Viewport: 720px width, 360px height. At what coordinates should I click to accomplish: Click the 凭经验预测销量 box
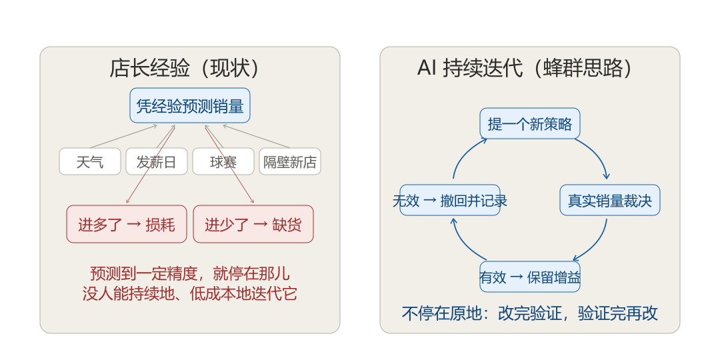(x=189, y=105)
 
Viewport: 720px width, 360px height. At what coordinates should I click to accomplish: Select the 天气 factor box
(x=90, y=161)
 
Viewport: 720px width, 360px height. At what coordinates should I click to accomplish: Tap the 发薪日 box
(x=157, y=161)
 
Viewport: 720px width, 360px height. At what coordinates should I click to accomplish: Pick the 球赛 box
(x=223, y=161)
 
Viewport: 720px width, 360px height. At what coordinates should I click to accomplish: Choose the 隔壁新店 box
(x=290, y=161)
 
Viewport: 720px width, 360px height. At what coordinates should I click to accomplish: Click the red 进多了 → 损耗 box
(x=126, y=223)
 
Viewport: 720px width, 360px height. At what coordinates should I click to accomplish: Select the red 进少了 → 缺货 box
(x=253, y=223)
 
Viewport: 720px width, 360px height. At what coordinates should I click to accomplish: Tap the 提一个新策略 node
(x=530, y=123)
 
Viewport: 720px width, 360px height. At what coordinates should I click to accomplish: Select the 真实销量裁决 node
(x=610, y=200)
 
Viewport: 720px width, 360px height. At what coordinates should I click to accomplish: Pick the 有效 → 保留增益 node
(x=530, y=277)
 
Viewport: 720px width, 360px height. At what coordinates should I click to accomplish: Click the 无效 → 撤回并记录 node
(x=450, y=200)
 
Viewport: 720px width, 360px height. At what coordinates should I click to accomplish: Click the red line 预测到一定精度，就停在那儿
(x=189, y=273)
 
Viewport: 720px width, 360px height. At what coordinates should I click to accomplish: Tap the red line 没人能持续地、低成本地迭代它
(x=189, y=293)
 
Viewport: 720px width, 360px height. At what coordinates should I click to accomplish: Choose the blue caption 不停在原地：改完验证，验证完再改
(x=530, y=313)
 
